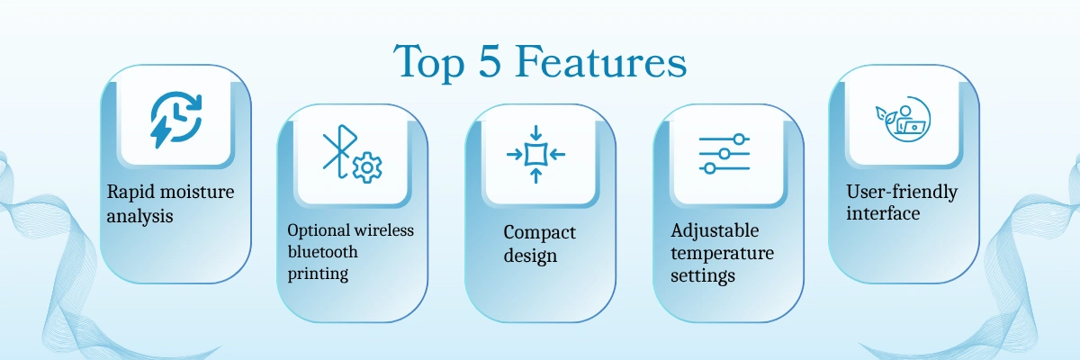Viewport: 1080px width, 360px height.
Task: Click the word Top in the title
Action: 429,63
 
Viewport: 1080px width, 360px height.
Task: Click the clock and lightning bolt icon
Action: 176,119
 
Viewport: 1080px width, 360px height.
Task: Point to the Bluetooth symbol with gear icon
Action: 352,154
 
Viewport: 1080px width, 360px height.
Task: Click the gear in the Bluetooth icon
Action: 367,167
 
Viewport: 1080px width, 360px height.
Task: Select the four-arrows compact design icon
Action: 535,154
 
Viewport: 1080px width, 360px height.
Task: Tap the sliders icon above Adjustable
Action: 724,154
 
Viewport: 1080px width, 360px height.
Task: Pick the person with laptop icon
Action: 903,119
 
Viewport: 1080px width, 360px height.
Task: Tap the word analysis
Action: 139,216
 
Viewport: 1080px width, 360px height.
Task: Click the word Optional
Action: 319,230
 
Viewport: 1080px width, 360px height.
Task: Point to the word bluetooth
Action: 322,252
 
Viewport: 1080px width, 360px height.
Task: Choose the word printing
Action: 318,274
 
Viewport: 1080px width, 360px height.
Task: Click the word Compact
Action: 539,233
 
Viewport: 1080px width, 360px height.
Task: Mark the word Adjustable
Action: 715,230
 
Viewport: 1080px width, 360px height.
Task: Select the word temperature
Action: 722,254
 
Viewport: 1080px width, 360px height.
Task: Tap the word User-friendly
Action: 902,193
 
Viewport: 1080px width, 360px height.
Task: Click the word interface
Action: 883,213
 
